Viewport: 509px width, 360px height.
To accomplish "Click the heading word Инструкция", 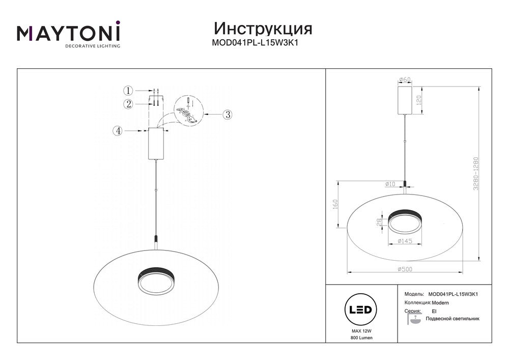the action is coord(263,29).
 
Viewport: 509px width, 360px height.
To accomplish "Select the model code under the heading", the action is coord(255,43).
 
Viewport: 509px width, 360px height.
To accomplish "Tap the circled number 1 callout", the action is coord(128,90).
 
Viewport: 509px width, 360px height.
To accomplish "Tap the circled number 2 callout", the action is coord(129,104).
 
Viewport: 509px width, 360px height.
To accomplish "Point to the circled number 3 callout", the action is coord(228,115).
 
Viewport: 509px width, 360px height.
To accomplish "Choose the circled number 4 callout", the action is coord(118,131).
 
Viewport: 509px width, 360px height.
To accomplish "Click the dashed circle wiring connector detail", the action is coord(189,111).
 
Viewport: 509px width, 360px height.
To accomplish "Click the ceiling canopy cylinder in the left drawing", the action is coord(156,144).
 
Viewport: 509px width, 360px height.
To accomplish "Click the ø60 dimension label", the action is coord(405,79).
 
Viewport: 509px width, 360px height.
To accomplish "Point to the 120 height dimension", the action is coord(418,100).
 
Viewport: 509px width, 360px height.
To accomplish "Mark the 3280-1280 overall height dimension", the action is coord(476,174).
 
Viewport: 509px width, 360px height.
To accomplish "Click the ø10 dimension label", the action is coord(390,184).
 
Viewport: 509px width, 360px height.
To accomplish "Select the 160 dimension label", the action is coord(335,204).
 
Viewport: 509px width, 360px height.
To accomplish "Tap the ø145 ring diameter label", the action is coord(405,241).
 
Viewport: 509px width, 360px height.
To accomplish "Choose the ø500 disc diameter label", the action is coord(405,269).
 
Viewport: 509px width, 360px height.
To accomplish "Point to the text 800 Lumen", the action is coord(361,338).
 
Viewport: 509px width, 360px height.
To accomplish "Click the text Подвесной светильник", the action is coord(453,319).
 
